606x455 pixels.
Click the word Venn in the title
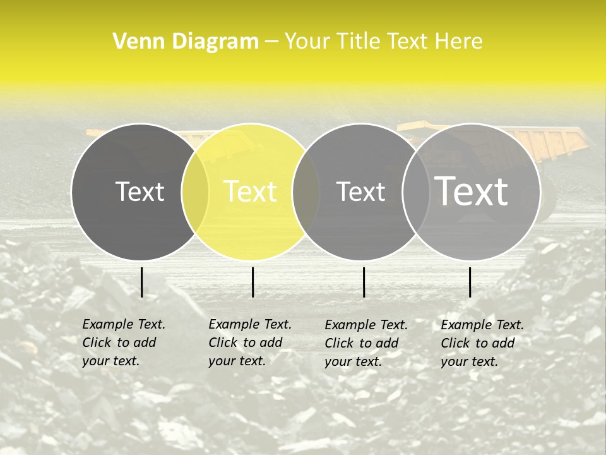click(136, 42)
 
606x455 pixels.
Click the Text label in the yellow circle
click(251, 191)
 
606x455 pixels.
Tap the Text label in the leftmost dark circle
click(140, 191)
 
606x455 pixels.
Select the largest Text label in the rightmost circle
click(472, 191)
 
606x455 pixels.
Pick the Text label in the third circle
click(361, 191)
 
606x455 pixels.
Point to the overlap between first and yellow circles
click(195, 191)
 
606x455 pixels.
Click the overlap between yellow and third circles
click(306, 191)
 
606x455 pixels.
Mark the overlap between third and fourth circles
click(416, 191)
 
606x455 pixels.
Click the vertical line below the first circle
click(141, 282)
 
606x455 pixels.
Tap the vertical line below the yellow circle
click(252, 282)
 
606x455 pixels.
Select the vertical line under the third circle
click(364, 282)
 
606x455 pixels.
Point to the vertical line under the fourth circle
click(470, 282)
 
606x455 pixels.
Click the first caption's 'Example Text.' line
click(124, 324)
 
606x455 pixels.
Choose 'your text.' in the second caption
click(237, 361)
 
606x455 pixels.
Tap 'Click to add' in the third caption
click(362, 343)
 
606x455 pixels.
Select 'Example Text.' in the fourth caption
click(482, 325)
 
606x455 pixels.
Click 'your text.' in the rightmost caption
click(469, 362)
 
